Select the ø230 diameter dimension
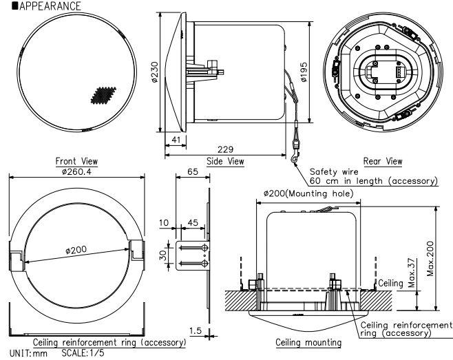(x=155, y=75)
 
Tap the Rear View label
(x=384, y=161)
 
